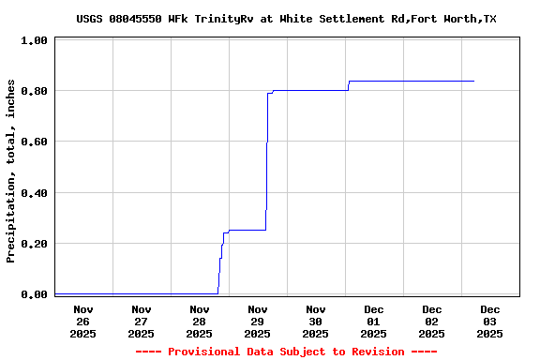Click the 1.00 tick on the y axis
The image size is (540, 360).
[36, 41]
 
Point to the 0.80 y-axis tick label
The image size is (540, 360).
[36, 92]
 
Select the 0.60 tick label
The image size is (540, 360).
[36, 142]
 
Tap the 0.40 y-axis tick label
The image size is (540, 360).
[36, 194]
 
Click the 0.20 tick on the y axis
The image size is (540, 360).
[36, 245]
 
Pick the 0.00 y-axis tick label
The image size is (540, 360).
[36, 295]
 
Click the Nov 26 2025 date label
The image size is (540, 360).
[83, 321]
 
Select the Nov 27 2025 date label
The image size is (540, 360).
[142, 321]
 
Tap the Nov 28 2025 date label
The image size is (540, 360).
[200, 321]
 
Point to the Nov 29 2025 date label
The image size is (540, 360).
[258, 321]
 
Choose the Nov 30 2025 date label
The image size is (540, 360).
[316, 321]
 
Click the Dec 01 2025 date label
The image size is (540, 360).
[374, 321]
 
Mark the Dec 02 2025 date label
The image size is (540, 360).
[432, 321]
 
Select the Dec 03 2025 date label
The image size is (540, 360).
[490, 321]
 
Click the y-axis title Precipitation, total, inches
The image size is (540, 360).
[11, 171]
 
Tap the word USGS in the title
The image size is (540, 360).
[90, 19]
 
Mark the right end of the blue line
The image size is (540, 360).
[473, 81]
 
